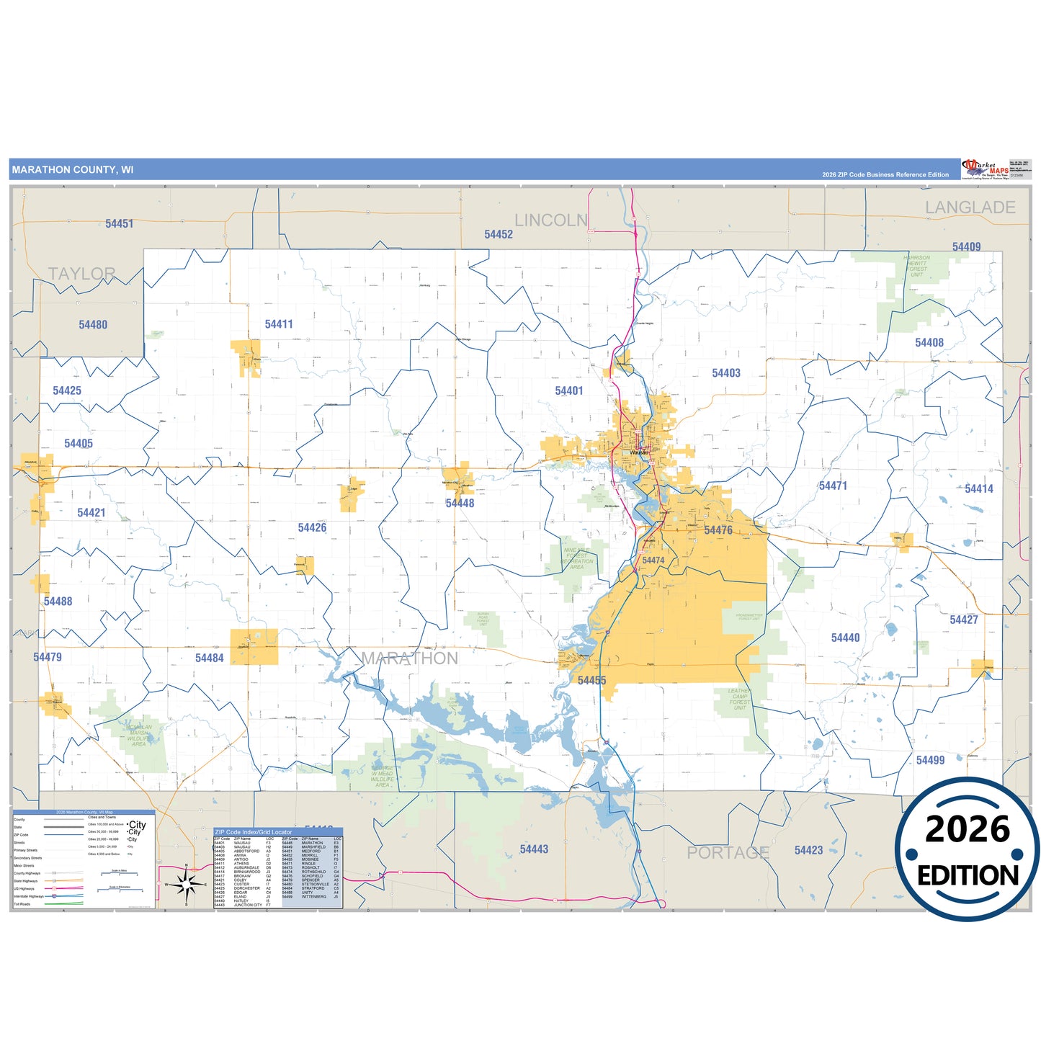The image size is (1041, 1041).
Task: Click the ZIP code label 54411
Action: pyautogui.click(x=279, y=324)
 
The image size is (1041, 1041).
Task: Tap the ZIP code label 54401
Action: pyautogui.click(x=569, y=390)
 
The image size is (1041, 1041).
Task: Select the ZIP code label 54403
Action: pyautogui.click(x=726, y=373)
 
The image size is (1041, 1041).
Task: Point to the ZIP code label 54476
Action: pyautogui.click(x=718, y=530)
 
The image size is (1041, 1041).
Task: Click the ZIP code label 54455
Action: pyautogui.click(x=591, y=680)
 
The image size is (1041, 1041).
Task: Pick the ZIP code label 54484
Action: pyautogui.click(x=210, y=658)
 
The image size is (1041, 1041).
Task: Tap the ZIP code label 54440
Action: pyautogui.click(x=845, y=638)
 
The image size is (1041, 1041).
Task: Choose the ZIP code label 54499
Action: pyautogui.click(x=930, y=760)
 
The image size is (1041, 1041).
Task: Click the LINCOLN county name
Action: pyautogui.click(x=551, y=220)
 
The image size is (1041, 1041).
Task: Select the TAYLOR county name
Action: pyautogui.click(x=81, y=274)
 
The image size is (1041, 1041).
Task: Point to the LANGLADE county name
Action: pyautogui.click(x=970, y=207)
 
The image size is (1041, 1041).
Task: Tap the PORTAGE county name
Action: pyautogui.click(x=728, y=853)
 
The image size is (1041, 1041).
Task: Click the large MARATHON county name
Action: pyautogui.click(x=409, y=658)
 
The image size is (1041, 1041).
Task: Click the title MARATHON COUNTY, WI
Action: pyautogui.click(x=73, y=170)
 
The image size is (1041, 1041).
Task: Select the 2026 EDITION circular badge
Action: pyautogui.click(x=968, y=850)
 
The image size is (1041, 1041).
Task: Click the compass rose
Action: pyautogui.click(x=187, y=883)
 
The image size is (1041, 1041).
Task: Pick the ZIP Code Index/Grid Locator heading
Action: pyautogui.click(x=254, y=832)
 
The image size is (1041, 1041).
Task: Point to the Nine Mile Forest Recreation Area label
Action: pyautogui.click(x=577, y=558)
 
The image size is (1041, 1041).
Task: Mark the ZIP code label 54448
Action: pyautogui.click(x=460, y=503)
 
